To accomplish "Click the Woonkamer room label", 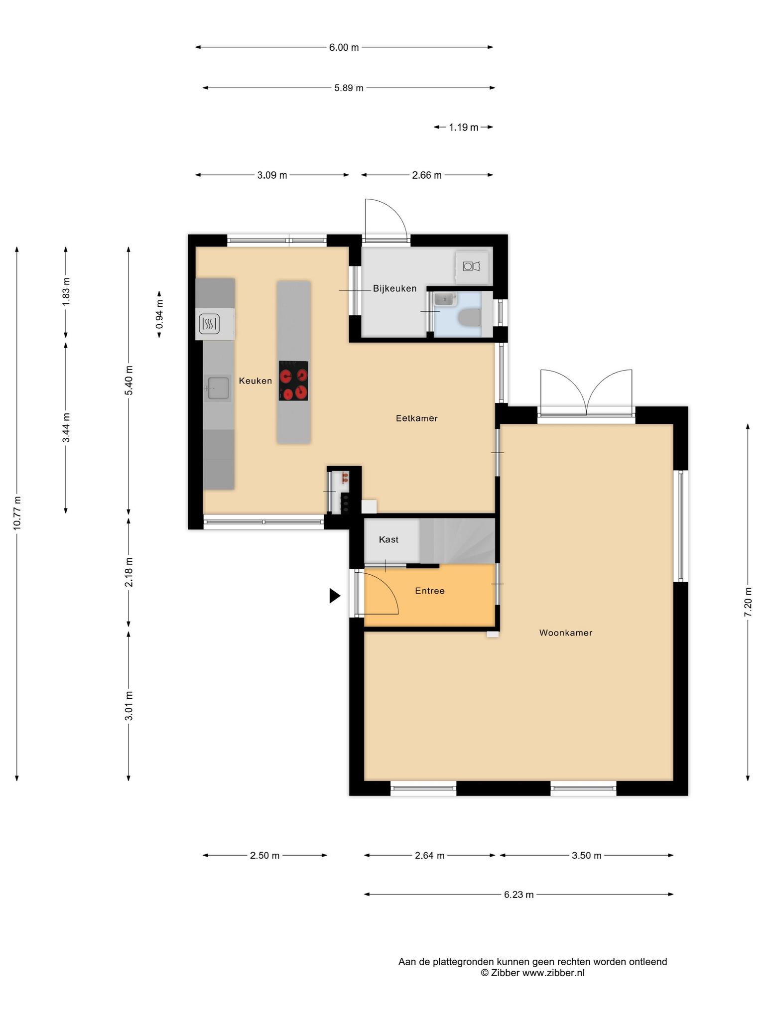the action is pos(566,633).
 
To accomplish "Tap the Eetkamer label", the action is pos(417,418).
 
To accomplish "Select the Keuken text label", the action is pos(255,381).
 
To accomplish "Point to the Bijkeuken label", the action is pos(395,288).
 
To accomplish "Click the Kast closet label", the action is pos(388,539).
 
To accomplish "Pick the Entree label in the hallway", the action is pos(430,591).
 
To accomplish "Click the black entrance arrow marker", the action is pos(335,596).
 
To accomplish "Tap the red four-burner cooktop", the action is pos(293,381).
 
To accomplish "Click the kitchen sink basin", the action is pos(218,388).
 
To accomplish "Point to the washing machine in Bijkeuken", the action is pos(472,267).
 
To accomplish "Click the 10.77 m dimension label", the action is pos(17,513).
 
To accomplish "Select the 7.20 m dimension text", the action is pos(748,602).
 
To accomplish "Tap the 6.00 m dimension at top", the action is pos(344,48).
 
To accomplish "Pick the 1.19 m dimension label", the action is pos(464,127).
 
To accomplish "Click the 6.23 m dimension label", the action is pos(519,894).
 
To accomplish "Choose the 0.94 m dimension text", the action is pos(159,314).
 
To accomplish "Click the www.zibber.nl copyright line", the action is pos(532,973).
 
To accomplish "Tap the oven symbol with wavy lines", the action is pos(209,324).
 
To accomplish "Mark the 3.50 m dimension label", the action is pos(587,856).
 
